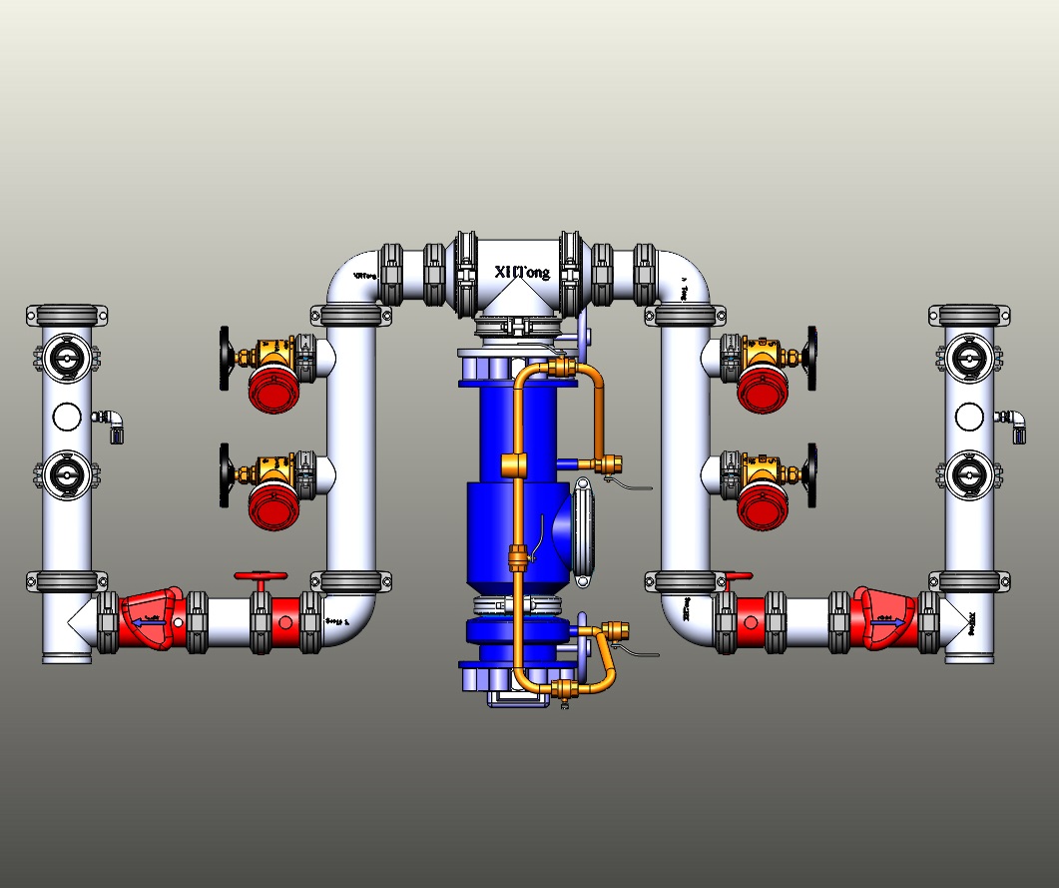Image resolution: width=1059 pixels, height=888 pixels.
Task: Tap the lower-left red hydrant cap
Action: [273, 504]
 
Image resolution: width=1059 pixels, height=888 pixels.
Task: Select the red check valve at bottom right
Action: [891, 619]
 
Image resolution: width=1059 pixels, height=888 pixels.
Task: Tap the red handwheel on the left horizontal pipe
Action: [261, 577]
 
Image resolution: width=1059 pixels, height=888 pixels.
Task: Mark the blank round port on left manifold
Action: [67, 415]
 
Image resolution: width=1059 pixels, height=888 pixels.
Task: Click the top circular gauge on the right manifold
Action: [967, 358]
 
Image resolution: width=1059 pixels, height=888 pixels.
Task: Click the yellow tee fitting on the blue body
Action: [515, 465]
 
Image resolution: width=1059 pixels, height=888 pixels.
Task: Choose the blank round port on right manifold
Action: [967, 415]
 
